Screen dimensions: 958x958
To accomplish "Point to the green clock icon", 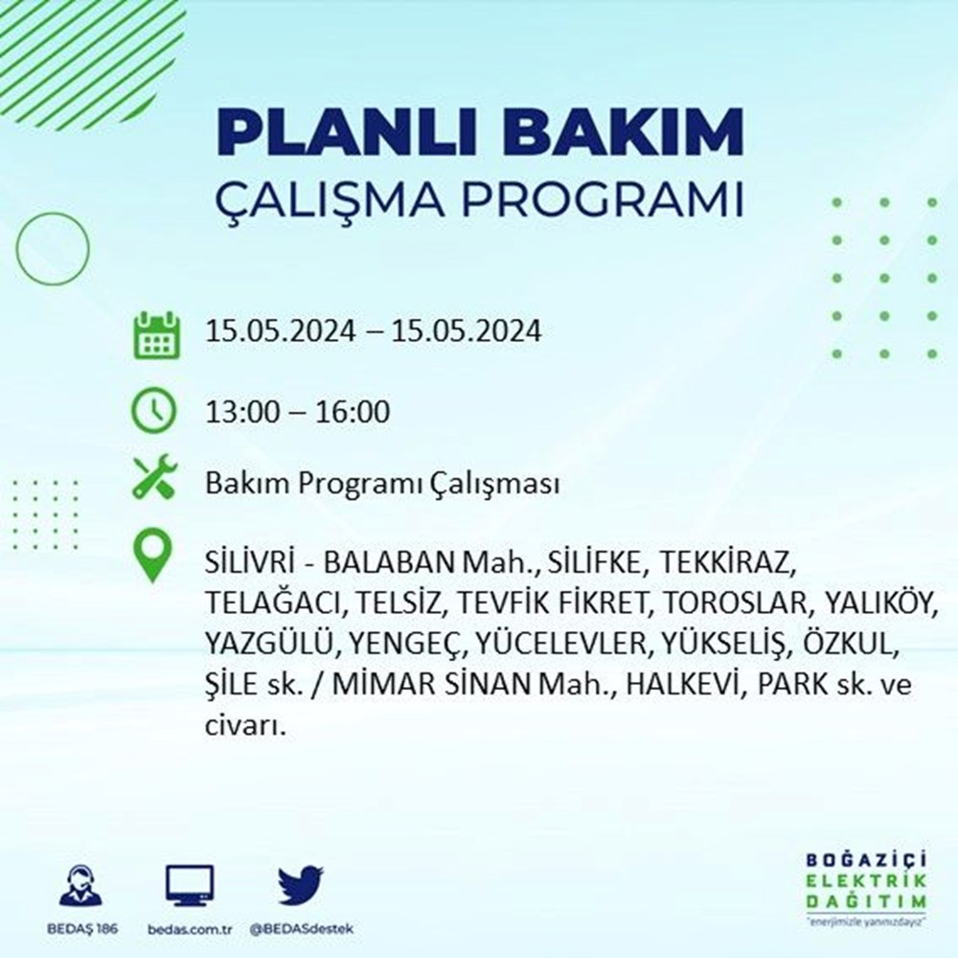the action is click(154, 410).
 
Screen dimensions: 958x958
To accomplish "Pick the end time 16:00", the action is click(353, 412).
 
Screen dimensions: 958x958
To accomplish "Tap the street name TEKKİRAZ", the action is click(728, 563).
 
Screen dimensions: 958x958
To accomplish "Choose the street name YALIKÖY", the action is click(881, 604).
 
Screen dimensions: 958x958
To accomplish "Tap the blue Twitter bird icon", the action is click(301, 885).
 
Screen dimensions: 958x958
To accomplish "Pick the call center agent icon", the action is click(81, 884).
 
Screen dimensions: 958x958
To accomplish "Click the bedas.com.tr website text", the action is click(190, 929).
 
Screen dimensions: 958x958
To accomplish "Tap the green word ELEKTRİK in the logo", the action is click(866, 880).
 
